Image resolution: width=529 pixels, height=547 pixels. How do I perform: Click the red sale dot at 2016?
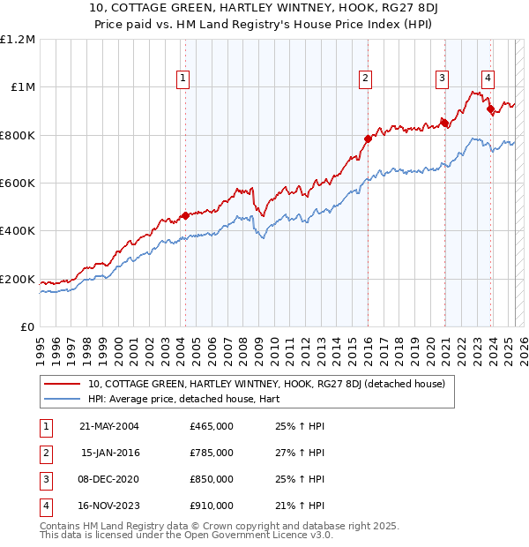[x=368, y=139]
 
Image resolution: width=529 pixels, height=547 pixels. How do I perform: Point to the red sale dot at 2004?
[x=185, y=215]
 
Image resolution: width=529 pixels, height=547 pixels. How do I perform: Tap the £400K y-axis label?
[x=18, y=231]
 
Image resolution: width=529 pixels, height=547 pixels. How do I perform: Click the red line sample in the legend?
[x=63, y=384]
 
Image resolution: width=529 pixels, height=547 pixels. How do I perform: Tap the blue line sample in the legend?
[x=63, y=399]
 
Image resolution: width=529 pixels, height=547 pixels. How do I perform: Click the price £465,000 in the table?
[x=212, y=426]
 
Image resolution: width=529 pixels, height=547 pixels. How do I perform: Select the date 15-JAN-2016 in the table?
[x=109, y=453]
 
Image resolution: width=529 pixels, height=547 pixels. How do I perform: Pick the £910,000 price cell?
[x=212, y=506]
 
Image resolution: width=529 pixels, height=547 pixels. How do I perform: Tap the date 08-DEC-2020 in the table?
[x=109, y=479]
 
